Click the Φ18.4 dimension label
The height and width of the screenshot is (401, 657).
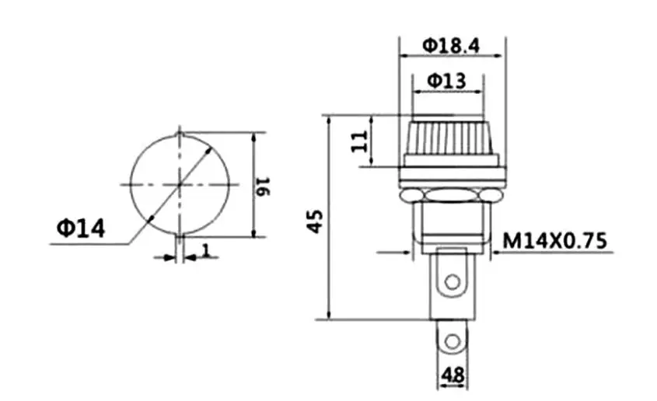coord(450,45)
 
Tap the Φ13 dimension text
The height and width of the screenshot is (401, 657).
coord(446,80)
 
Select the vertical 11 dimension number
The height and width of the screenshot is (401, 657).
coord(359,141)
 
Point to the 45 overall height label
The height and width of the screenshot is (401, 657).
coord(315,221)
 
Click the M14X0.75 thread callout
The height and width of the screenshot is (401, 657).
coord(554,241)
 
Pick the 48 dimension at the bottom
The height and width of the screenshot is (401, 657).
coord(453,375)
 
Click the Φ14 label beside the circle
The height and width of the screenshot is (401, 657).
coord(80,228)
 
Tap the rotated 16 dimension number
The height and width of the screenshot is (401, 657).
coord(263,187)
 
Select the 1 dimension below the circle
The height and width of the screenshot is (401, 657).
coord(206,250)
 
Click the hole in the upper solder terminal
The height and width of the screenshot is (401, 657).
coord(452,282)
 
